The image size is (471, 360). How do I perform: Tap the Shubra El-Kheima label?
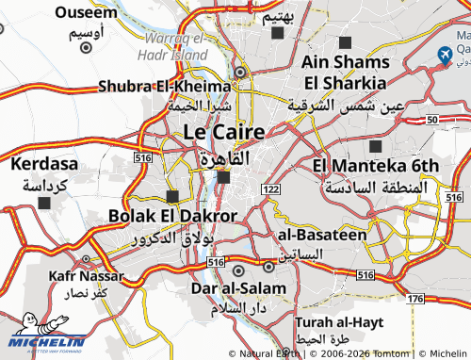point(165,87)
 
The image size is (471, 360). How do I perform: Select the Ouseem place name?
point(87,12)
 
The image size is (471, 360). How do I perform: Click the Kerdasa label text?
point(45,165)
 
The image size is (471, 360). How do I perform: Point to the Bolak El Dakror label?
point(172,216)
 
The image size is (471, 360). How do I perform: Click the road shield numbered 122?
point(271,189)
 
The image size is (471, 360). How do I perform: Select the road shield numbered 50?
point(431,120)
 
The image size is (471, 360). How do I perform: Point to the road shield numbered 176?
point(415,298)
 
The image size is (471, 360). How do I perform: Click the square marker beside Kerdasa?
point(44,202)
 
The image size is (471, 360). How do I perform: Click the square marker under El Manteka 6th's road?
point(377,146)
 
